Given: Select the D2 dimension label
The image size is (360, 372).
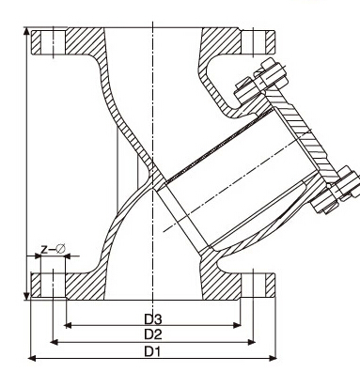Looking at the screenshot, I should click(151, 334).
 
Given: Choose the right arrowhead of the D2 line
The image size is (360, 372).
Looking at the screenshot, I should click(253, 341).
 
